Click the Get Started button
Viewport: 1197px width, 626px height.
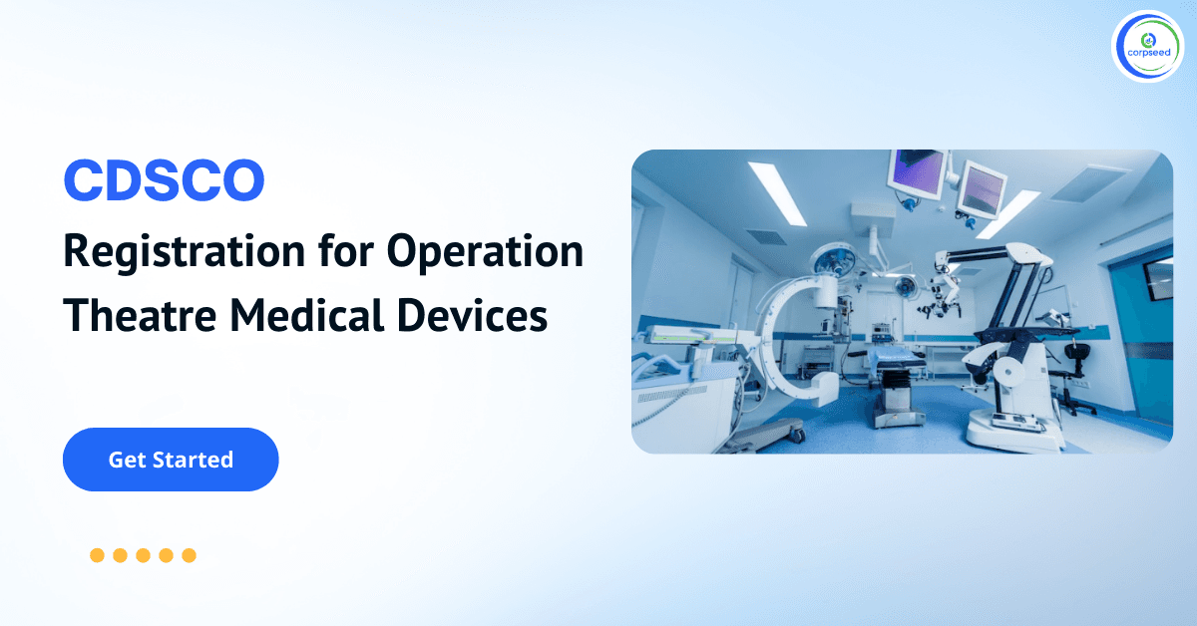171,460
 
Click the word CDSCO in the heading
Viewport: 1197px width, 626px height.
164,180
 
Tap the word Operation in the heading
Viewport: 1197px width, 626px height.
485,253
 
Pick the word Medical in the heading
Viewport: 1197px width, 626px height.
311,315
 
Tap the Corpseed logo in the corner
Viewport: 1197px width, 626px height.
1146,46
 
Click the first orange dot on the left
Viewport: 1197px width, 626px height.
97,555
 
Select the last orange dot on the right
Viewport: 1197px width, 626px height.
189,555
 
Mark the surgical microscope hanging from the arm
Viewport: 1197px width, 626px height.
938,299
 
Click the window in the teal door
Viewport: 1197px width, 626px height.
1157,280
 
